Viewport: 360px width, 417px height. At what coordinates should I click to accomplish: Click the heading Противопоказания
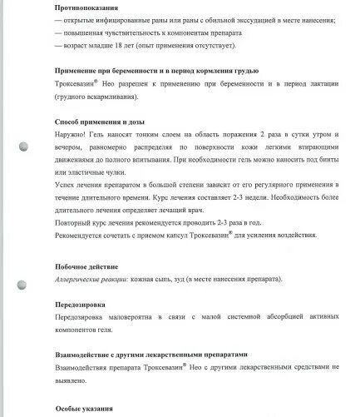tap(89, 8)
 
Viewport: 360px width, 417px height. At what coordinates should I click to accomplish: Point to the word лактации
tap(326, 83)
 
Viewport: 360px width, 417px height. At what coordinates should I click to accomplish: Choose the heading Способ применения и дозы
tap(100, 120)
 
